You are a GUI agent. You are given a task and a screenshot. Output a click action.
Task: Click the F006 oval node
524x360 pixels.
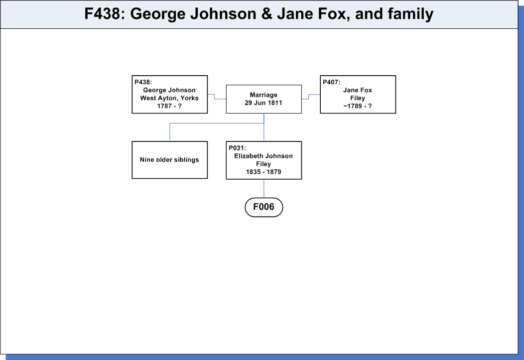(x=263, y=207)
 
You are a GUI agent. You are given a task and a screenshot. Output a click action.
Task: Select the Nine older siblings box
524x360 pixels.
(x=170, y=160)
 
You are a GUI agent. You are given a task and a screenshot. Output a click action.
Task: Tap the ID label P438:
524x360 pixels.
(x=143, y=82)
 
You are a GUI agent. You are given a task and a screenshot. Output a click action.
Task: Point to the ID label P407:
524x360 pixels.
(x=331, y=82)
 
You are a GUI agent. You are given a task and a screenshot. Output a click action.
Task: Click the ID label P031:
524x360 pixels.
(x=237, y=148)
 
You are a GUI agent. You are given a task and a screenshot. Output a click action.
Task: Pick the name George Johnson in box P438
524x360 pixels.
(x=169, y=90)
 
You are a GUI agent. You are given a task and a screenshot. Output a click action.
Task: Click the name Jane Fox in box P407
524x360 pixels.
(x=358, y=90)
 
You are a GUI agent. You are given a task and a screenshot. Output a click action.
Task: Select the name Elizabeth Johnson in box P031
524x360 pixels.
(x=263, y=156)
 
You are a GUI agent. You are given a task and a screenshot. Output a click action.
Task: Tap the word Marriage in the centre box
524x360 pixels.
(x=263, y=95)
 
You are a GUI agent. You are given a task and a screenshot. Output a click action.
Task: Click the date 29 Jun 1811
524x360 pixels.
(x=263, y=103)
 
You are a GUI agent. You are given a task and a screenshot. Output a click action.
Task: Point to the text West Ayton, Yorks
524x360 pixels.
(x=169, y=98)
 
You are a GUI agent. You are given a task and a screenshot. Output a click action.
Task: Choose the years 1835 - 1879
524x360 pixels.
(x=263, y=172)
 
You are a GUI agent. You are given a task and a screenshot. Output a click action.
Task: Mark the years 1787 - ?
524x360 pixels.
(x=169, y=106)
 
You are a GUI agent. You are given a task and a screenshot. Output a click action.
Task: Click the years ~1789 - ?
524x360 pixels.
(x=358, y=106)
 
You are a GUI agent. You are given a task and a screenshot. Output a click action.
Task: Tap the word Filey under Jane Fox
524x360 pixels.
(x=358, y=98)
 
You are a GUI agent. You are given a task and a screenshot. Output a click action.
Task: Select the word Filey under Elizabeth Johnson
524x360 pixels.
(x=263, y=164)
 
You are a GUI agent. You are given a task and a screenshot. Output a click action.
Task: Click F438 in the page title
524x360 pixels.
(x=102, y=14)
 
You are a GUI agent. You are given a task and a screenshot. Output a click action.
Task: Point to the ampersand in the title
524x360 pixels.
(x=266, y=14)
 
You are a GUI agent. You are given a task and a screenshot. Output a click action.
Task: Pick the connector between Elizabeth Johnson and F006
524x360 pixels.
(x=264, y=188)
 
